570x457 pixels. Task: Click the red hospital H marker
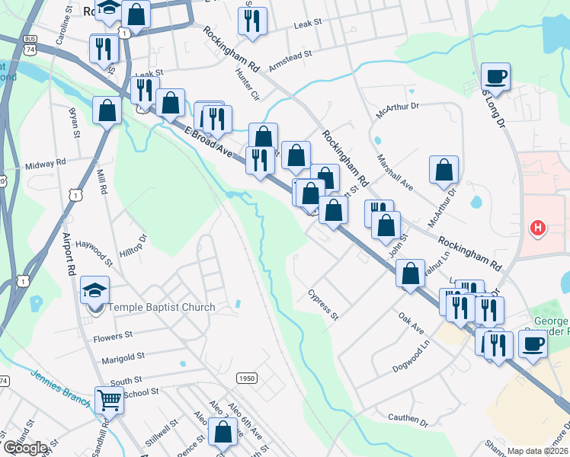[x=538, y=228]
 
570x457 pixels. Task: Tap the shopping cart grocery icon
[x=109, y=398]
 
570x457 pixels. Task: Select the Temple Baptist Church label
[x=162, y=308]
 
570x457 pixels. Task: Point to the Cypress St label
[x=323, y=304]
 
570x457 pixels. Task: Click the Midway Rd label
[x=46, y=164]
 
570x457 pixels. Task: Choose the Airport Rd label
[x=70, y=253]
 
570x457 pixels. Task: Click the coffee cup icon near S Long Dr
[x=495, y=76]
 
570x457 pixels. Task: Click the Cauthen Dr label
[x=408, y=418]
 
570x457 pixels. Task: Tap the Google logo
[x=24, y=448]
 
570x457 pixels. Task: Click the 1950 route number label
[x=247, y=378]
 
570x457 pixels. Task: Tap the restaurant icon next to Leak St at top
[x=252, y=21]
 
